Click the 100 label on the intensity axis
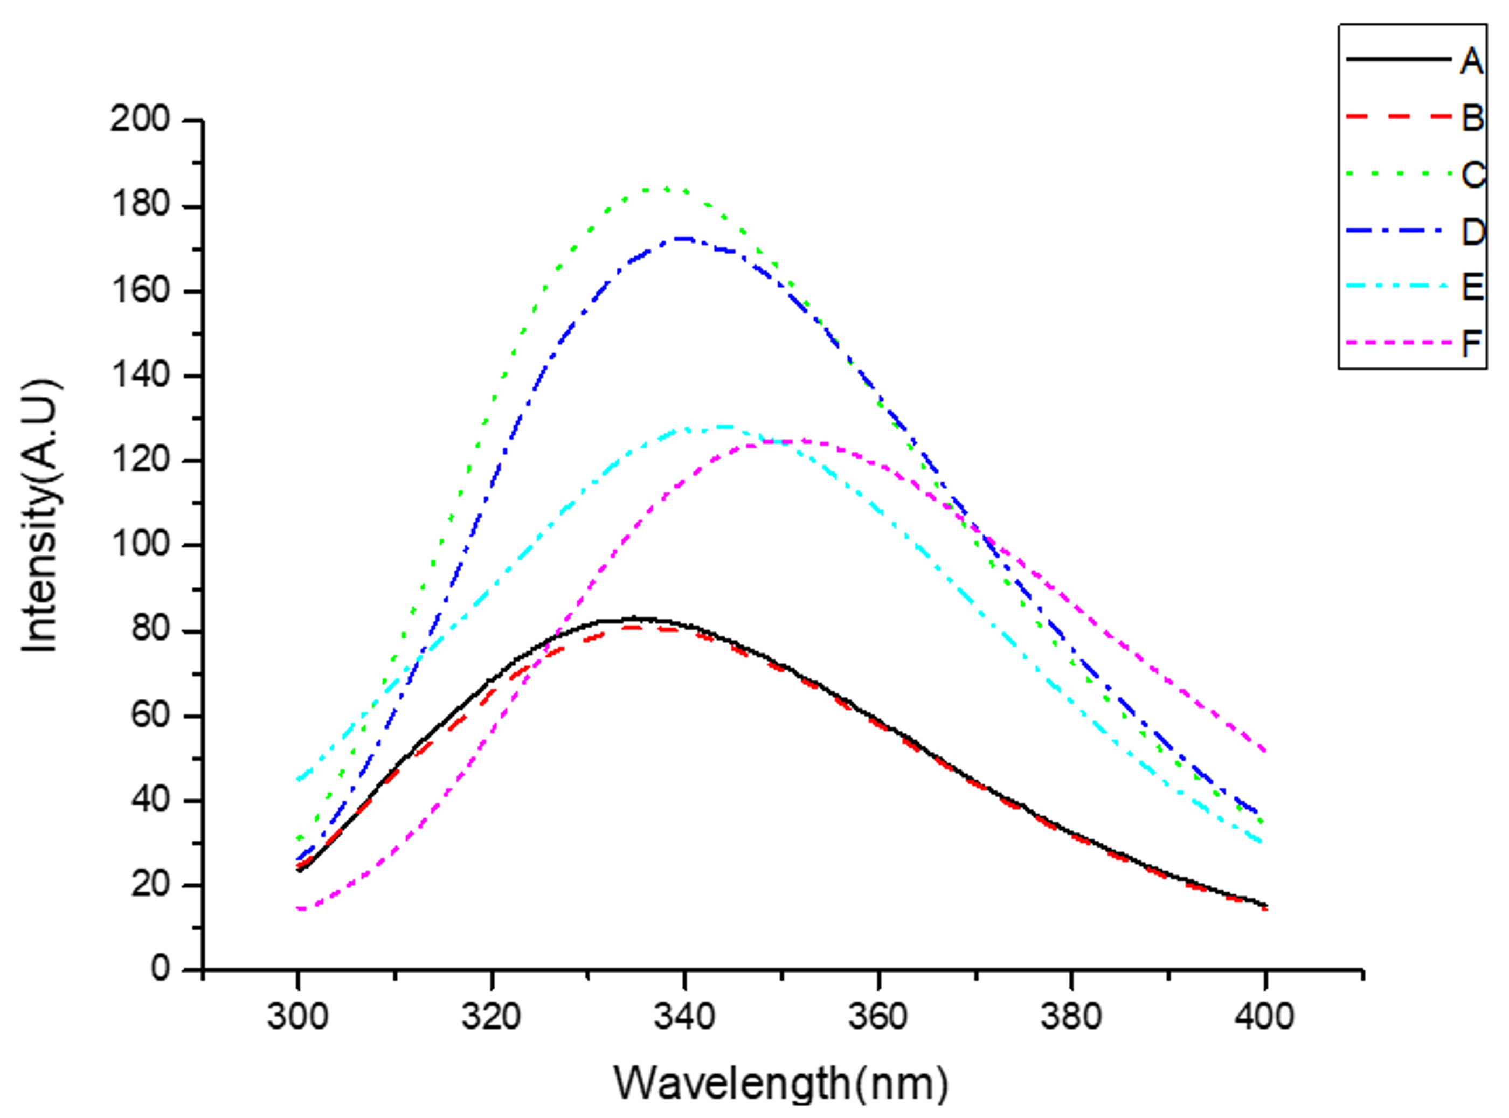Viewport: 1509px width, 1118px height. [140, 545]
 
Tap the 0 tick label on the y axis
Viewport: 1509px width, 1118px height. [161, 970]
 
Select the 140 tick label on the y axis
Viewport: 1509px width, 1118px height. [140, 375]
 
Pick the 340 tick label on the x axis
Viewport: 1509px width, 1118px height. [684, 1017]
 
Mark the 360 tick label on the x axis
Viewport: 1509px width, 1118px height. [878, 1017]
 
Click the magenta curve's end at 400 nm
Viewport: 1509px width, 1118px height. [1264, 750]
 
